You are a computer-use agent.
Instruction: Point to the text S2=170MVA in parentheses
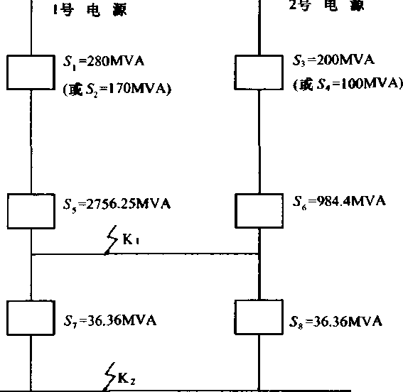tap(117, 89)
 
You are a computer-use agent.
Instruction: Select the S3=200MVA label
tap(333, 60)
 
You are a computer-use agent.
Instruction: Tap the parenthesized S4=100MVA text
tap(348, 84)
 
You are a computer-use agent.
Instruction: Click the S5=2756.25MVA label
tap(117, 205)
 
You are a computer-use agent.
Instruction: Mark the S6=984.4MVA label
tap(339, 201)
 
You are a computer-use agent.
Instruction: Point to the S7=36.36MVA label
tap(110, 321)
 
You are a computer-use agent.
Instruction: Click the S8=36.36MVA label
tap(335, 322)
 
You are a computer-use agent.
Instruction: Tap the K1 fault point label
tap(131, 239)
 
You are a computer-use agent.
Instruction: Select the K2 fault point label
tap(127, 379)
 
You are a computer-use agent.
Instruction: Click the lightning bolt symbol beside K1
tap(111, 240)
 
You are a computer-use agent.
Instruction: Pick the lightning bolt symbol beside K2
tap(109, 377)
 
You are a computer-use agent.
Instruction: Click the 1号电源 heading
tap(90, 10)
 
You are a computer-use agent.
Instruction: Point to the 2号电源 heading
tap(327, 6)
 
